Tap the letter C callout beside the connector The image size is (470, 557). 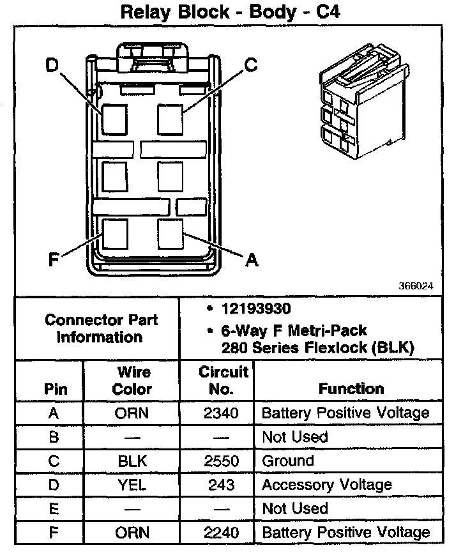(251, 65)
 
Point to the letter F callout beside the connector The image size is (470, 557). (54, 260)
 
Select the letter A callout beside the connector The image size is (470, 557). (252, 259)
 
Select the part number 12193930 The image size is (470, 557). (255, 309)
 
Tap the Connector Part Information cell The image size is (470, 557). (101, 328)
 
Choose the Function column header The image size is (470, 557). (351, 388)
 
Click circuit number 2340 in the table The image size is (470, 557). (221, 413)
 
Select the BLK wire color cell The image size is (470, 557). (132, 461)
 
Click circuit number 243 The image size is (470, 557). (221, 485)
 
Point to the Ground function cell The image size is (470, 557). (288, 461)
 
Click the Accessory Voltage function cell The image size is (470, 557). (326, 485)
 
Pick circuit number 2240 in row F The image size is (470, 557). (221, 532)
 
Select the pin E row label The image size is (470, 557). (53, 508)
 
